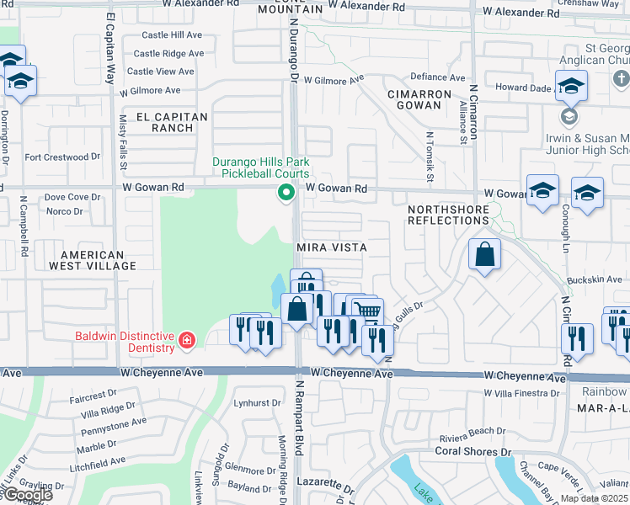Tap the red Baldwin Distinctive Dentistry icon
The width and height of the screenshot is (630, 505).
[186, 341]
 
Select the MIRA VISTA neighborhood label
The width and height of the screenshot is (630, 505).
[331, 248]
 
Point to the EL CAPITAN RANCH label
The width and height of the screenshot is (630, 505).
[161, 122]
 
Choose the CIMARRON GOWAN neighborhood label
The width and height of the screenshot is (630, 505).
[414, 99]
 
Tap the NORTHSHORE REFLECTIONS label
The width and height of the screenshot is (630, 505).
[447, 214]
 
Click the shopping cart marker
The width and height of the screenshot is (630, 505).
[366, 311]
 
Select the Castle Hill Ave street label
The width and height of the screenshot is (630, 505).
[172, 35]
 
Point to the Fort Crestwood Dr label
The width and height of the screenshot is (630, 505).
[62, 157]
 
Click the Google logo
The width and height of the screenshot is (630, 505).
[27, 495]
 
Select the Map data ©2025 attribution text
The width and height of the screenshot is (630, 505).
[594, 498]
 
